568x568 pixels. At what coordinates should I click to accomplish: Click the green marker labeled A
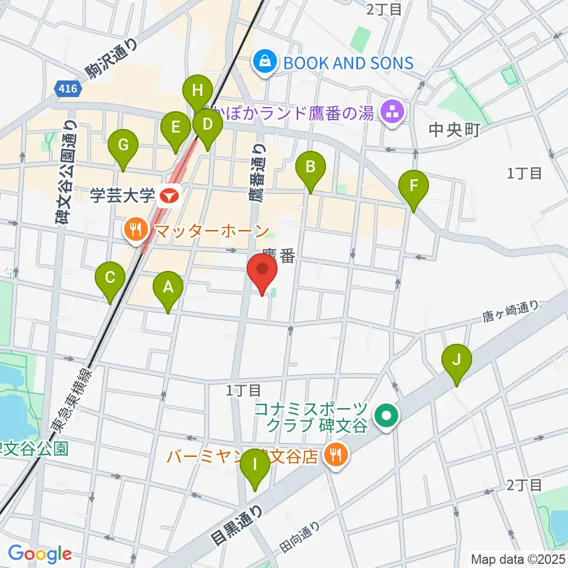tap(168, 289)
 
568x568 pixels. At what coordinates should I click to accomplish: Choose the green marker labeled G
tap(123, 146)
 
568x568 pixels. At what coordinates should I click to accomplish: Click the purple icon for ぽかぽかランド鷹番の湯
tap(390, 110)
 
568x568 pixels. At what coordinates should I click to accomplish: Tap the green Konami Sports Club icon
tap(388, 417)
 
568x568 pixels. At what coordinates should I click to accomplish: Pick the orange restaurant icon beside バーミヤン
tap(335, 455)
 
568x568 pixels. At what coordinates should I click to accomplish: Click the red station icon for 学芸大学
tap(171, 195)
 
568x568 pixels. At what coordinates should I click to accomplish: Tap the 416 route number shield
tap(67, 89)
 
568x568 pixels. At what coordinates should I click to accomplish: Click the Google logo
tap(40, 554)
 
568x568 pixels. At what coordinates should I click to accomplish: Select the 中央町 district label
tap(453, 130)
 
